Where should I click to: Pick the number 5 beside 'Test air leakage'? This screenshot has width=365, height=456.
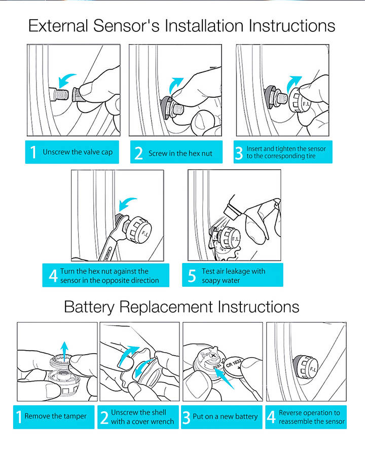[x=192, y=276]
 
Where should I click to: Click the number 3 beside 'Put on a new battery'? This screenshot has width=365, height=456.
[x=187, y=417]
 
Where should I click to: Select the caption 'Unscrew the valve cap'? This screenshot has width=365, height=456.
[x=78, y=152]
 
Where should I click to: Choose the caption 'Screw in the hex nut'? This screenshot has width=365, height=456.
[x=180, y=153]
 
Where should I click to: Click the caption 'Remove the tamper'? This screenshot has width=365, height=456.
[x=56, y=416]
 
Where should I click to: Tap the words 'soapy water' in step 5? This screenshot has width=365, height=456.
[x=221, y=280]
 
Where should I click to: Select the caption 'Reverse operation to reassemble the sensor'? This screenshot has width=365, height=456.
[x=312, y=417]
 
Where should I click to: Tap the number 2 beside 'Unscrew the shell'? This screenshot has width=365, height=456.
[x=104, y=417]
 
